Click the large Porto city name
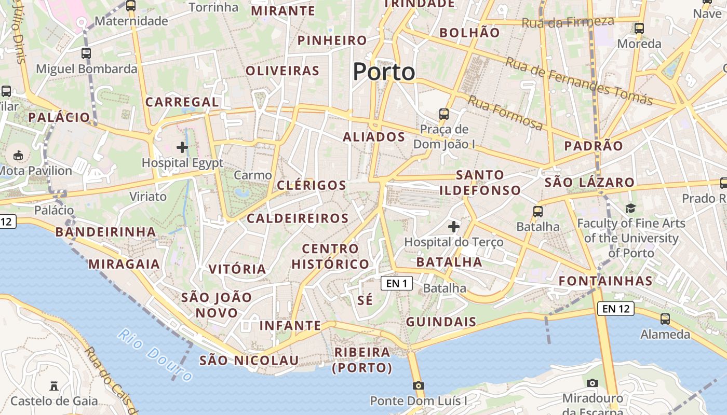tap(384, 72)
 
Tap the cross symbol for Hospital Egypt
tap(182, 147)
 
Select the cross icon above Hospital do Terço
tap(454, 226)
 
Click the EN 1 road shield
tap(397, 283)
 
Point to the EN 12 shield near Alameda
tap(616, 309)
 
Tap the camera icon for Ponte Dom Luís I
tap(419, 385)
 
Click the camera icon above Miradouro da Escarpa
tap(592, 383)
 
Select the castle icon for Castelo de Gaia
tap(53, 385)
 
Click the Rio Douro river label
tap(156, 354)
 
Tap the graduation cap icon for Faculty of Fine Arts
tap(630, 208)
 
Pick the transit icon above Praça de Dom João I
tap(443, 114)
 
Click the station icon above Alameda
tap(665, 319)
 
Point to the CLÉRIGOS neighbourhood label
tap(312, 185)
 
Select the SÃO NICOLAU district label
tap(249, 361)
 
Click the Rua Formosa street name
tap(505, 113)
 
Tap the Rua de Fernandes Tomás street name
tap(579, 81)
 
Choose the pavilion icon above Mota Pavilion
tap(18, 155)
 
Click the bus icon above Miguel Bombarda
tap(86, 53)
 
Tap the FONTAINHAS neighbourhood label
tap(605, 281)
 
